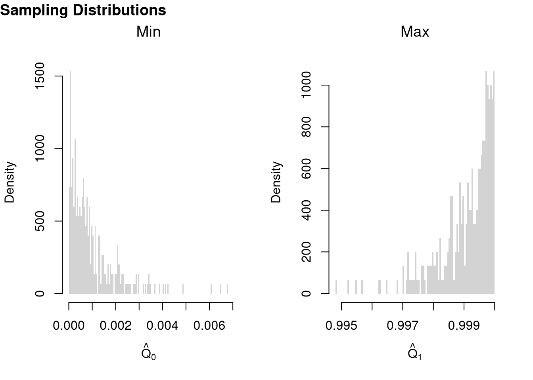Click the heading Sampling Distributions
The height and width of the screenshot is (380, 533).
click(83, 10)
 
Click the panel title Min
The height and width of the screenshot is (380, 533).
click(148, 32)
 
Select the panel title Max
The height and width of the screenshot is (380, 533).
click(415, 32)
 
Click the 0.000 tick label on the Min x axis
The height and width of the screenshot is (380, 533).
click(69, 326)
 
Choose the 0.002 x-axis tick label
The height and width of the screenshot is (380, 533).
click(115, 326)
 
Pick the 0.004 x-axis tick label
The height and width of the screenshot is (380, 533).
click(162, 326)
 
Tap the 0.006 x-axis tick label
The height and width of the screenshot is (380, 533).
click(209, 326)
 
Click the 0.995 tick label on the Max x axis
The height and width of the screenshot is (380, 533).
click(341, 326)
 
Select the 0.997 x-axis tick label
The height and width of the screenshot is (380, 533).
click(403, 326)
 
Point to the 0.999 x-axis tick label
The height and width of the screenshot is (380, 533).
click(464, 326)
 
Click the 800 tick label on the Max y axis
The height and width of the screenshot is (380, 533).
click(307, 127)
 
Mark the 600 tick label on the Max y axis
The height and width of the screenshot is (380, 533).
click(307, 169)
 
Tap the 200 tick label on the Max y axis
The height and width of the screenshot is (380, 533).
click(307, 252)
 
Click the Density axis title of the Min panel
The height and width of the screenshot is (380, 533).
click(10, 182)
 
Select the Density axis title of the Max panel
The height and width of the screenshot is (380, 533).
click(276, 182)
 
